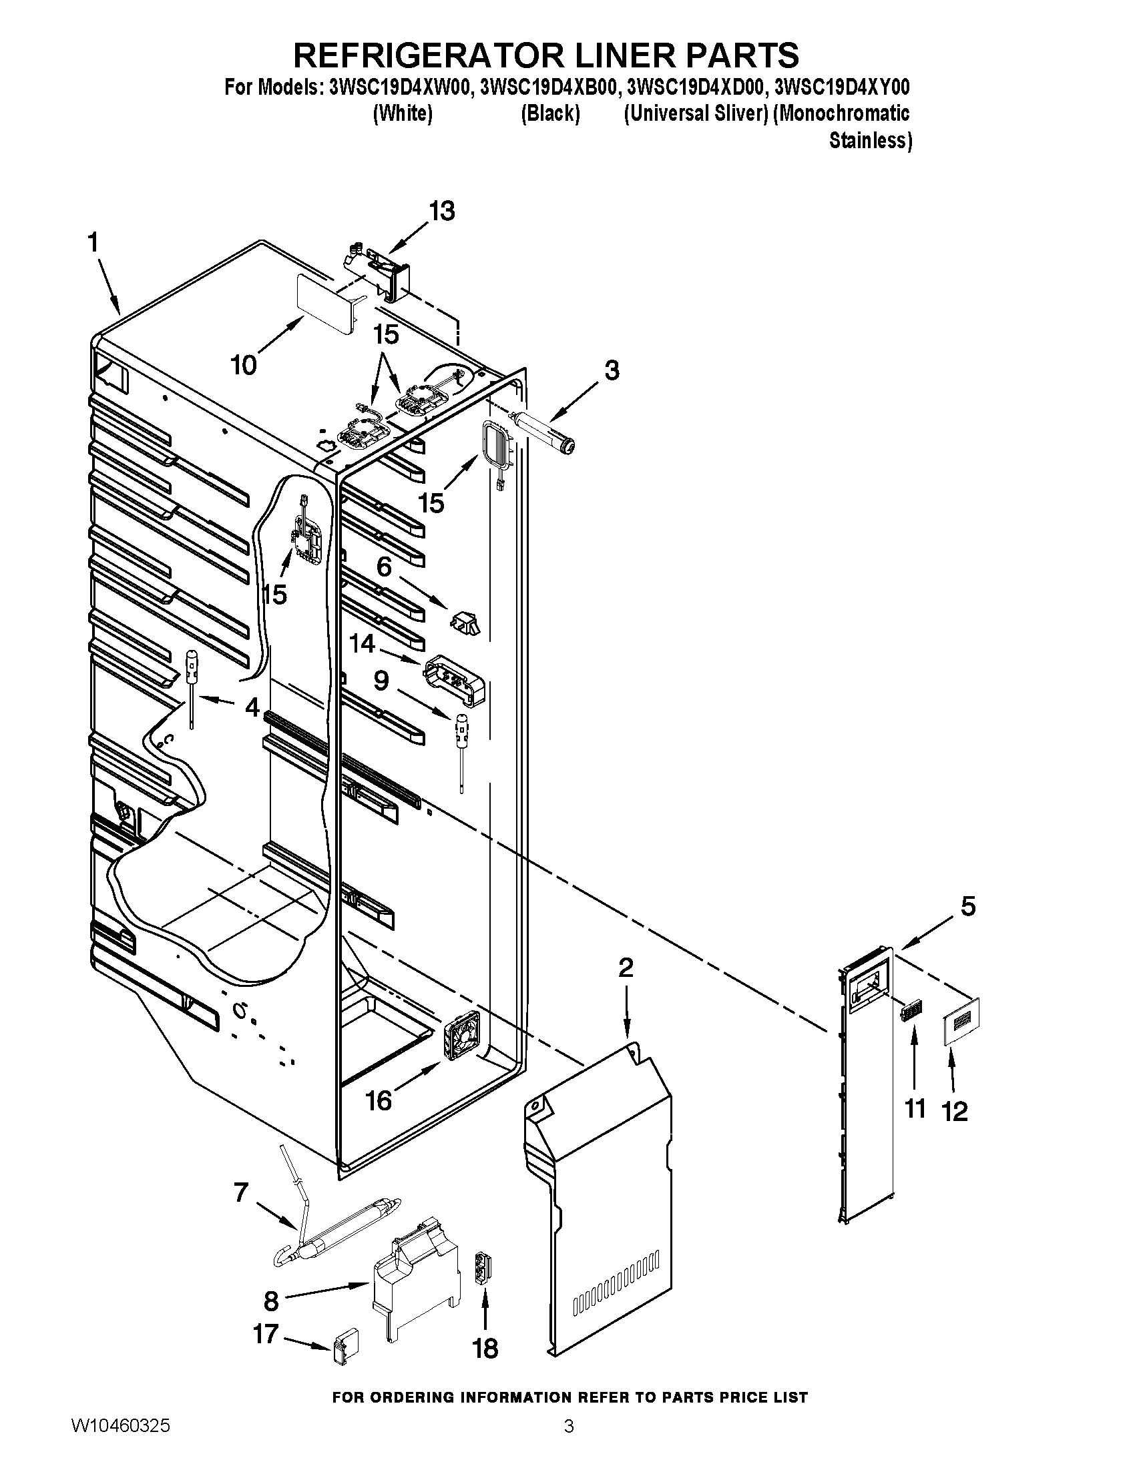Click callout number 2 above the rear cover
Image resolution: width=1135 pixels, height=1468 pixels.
(626, 968)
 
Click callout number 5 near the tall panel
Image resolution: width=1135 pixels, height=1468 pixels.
(967, 907)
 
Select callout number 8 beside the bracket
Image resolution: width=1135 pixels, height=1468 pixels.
(271, 1301)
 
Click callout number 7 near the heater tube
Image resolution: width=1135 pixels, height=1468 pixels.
(241, 1192)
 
